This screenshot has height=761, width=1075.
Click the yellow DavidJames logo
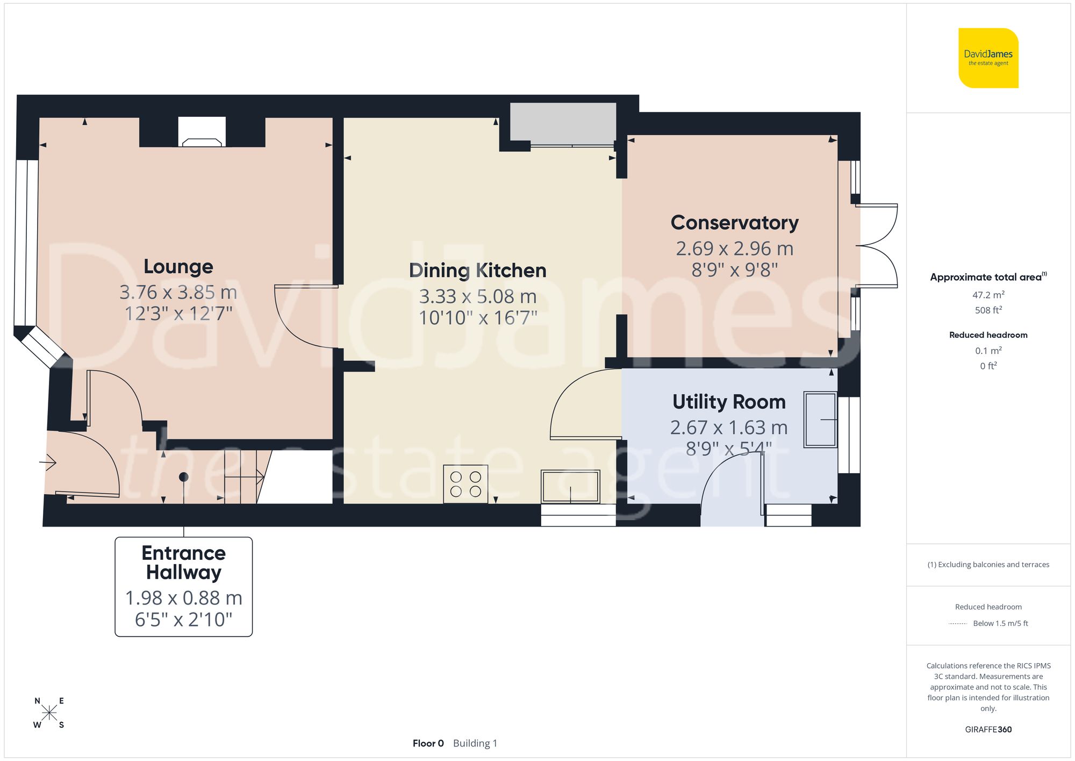coord(988,58)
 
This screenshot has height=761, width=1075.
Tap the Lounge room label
coord(178,266)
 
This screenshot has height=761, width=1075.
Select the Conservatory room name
coord(734,223)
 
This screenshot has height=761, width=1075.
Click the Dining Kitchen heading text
coord(477,271)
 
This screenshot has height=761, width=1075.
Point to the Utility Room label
coord(729,402)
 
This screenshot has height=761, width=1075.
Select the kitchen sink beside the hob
coord(570,487)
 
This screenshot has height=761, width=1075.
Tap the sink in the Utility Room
coord(820,420)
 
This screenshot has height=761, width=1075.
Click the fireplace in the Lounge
coord(202,133)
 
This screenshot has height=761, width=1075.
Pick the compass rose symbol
coord(49,713)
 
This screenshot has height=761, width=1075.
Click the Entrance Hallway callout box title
coord(183,563)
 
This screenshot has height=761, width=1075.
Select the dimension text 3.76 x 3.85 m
coord(178,292)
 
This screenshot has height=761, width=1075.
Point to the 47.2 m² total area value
coord(988,295)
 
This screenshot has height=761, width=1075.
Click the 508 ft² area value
coord(988,310)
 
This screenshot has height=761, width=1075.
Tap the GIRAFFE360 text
coord(988,729)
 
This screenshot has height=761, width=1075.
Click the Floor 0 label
coord(428,743)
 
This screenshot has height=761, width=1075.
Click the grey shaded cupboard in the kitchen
coord(563,123)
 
